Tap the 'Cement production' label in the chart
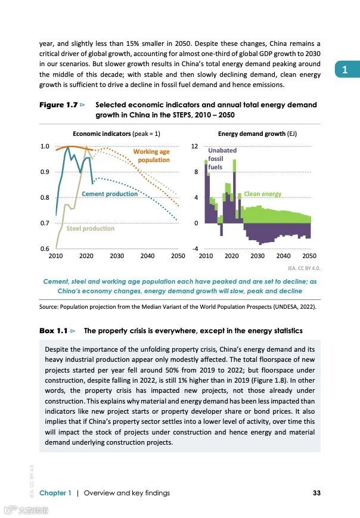tap(110, 194)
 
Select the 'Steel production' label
tap(90, 228)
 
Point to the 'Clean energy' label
tap(262, 194)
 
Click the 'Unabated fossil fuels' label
tap(219, 159)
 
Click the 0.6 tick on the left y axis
tap(45, 249)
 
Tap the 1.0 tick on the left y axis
tap(45, 146)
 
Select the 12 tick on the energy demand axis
tap(194, 146)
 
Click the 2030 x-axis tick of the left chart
tap(117, 256)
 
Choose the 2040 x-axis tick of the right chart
tap(284, 256)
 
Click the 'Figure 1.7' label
tap(58, 105)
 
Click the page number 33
tap(316, 492)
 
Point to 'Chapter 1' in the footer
tap(55, 493)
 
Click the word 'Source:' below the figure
tap(50, 307)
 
